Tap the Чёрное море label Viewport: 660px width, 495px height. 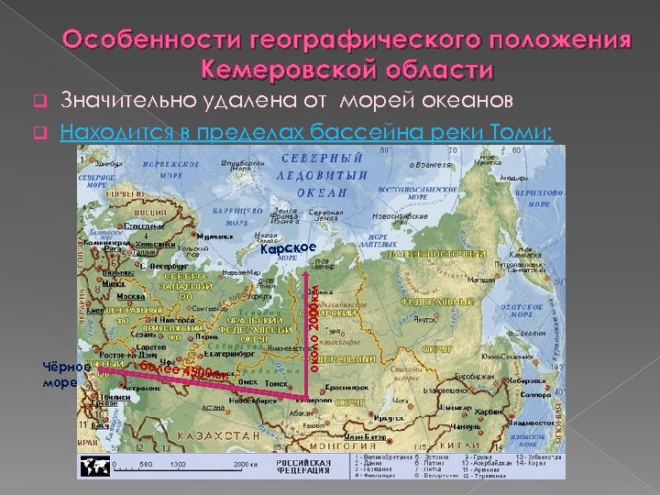[66, 374]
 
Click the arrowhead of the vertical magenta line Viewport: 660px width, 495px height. [306, 272]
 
